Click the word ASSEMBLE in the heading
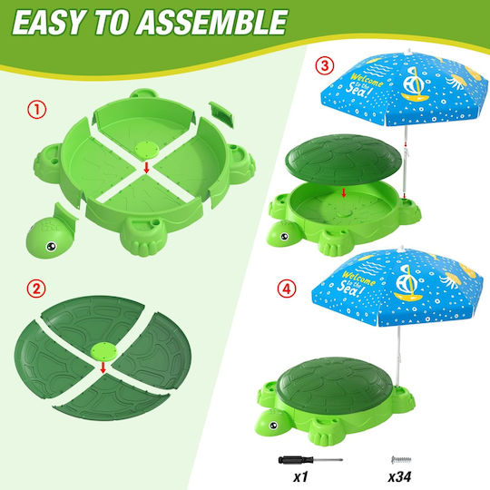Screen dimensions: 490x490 pos(211,23)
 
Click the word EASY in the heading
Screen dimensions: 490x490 pos(48,23)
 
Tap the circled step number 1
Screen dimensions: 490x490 pos(37,110)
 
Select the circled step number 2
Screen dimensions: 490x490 pos(36,289)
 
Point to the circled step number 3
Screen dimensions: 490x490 pos(325,66)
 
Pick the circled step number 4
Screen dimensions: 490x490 pos(286,289)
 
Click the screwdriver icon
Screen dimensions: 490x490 pos(310,460)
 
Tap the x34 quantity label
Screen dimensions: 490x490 pos(399,476)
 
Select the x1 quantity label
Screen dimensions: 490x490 pos(300,476)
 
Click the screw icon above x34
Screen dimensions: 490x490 pos(401,460)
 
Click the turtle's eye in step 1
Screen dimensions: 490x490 pos(51,247)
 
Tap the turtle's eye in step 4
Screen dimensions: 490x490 pos(273,426)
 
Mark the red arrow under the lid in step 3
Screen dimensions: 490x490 pos(344,192)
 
